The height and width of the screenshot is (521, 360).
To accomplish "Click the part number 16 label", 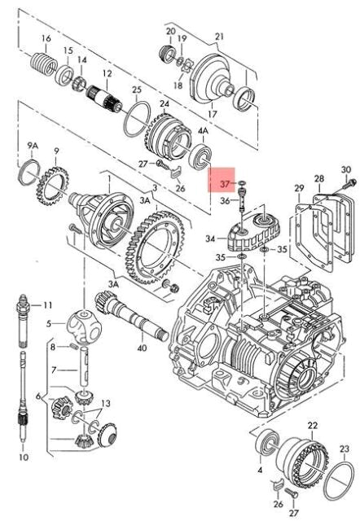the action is [46, 38].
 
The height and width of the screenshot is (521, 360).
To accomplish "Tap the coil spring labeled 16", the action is [44, 64].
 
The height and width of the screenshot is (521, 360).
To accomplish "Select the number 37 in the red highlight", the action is [225, 184].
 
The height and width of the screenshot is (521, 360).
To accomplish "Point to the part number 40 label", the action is [142, 348].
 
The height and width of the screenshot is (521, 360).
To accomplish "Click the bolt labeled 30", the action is [350, 182].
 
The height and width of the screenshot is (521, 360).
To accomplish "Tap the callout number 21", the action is [220, 36].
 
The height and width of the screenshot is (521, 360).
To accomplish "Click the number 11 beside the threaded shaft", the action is [48, 304].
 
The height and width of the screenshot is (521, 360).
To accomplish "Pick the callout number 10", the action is [24, 458].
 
